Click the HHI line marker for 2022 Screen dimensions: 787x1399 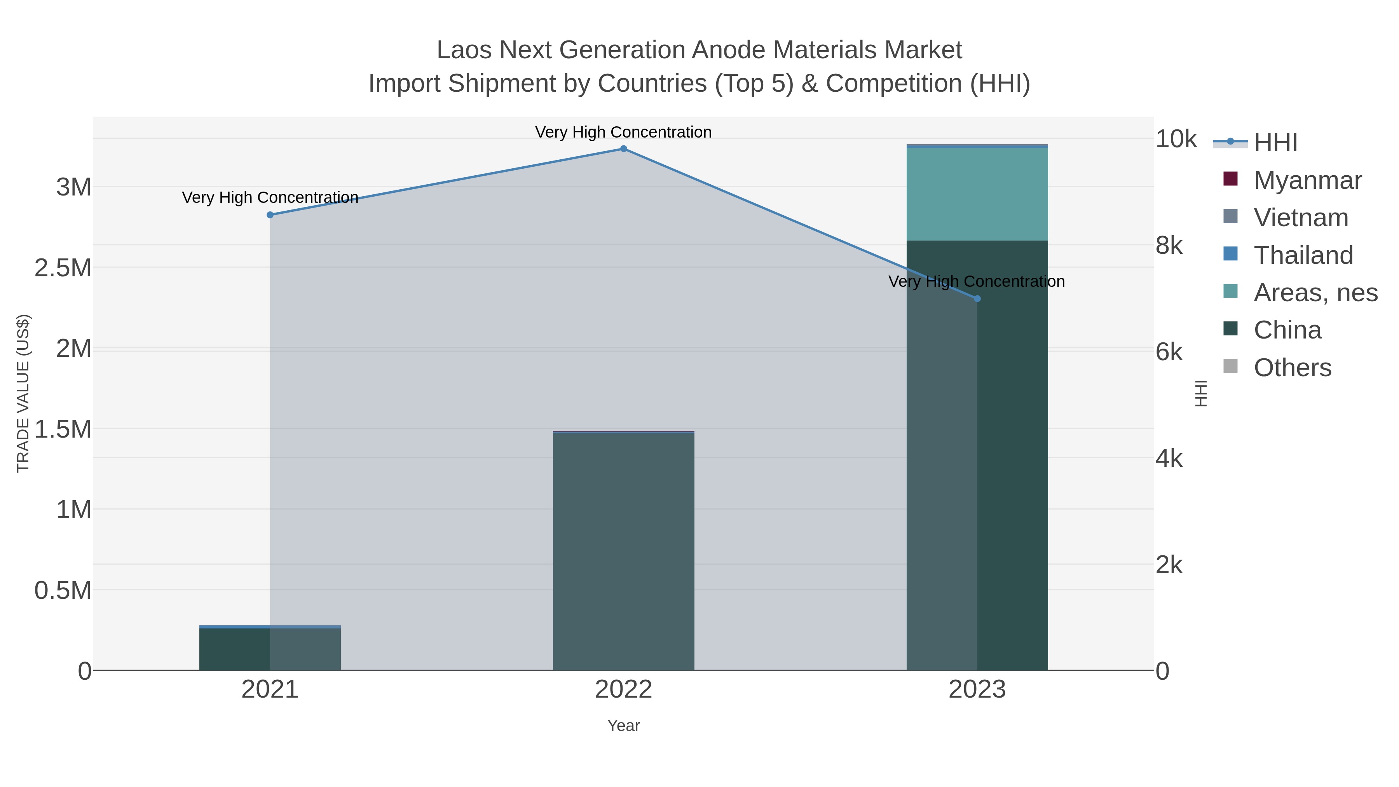click(623, 149)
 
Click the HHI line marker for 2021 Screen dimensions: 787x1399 click(270, 215)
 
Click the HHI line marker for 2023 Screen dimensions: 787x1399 click(977, 299)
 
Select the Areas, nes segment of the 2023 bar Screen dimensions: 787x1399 click(977, 194)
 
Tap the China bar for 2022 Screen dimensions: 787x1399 click(623, 551)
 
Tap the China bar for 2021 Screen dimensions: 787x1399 click(270, 649)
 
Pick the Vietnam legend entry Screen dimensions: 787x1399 click(1301, 218)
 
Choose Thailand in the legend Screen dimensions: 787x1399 click(1303, 255)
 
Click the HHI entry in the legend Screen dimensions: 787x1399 click(1275, 143)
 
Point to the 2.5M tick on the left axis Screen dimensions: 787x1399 click(63, 268)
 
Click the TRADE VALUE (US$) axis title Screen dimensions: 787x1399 click(23, 393)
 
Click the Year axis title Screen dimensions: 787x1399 click(623, 726)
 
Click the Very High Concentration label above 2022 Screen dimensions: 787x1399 click(623, 132)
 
